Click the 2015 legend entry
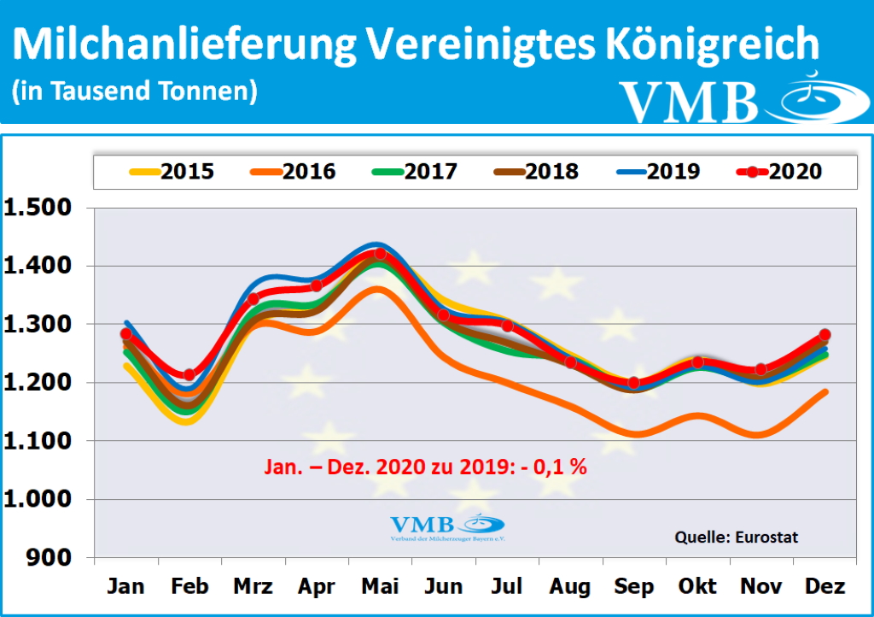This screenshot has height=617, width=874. click(x=172, y=172)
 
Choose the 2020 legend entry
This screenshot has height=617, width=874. click(x=778, y=172)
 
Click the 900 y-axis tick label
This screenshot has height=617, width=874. click(x=52, y=557)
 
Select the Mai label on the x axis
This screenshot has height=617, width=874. click(x=380, y=586)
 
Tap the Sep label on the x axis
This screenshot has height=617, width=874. click(x=633, y=586)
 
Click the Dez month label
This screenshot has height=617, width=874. click(x=824, y=586)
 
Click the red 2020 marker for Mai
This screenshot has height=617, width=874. click(x=380, y=254)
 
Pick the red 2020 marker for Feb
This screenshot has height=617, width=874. click(x=189, y=374)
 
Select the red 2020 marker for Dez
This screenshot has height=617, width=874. click(x=824, y=335)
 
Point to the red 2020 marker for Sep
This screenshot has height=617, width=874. click(x=633, y=383)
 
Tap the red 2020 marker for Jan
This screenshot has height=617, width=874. click(x=126, y=334)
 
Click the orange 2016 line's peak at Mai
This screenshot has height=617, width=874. click(x=379, y=289)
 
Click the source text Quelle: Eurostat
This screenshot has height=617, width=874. click(x=737, y=538)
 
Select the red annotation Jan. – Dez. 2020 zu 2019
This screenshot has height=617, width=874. click(x=422, y=468)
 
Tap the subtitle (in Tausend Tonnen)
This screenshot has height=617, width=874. click(x=135, y=91)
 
